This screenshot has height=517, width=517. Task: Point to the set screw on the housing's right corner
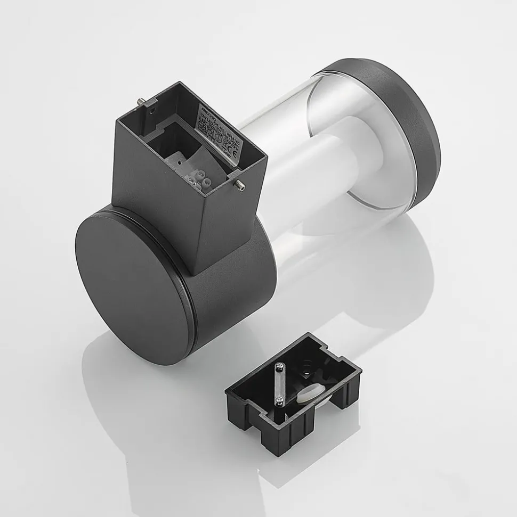(x=239, y=185)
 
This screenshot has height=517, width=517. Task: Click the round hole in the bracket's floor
(x=306, y=367)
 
